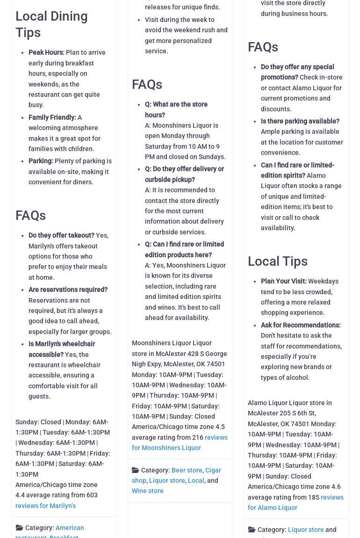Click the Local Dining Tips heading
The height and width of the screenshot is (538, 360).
51,24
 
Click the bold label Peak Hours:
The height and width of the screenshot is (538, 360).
46,52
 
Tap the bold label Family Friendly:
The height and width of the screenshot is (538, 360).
52,117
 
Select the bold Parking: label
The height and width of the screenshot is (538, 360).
41,161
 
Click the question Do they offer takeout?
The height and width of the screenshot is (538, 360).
61,235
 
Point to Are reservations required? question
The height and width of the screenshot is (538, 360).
68,290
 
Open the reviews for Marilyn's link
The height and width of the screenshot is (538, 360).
45,505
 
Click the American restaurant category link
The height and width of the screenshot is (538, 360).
69,528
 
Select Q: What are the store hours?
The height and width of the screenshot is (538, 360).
176,109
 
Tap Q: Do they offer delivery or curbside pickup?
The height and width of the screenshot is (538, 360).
184,174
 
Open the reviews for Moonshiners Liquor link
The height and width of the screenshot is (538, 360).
180,443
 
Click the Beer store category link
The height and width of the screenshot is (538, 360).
187,470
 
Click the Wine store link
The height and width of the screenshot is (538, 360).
147,491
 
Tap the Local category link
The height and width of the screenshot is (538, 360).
196,480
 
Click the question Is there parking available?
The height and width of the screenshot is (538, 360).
300,121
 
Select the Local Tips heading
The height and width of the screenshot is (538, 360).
277,261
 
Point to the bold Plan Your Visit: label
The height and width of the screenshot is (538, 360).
283,281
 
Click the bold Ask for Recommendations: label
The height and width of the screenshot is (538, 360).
300,325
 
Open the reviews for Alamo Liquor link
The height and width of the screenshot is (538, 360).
295,502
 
